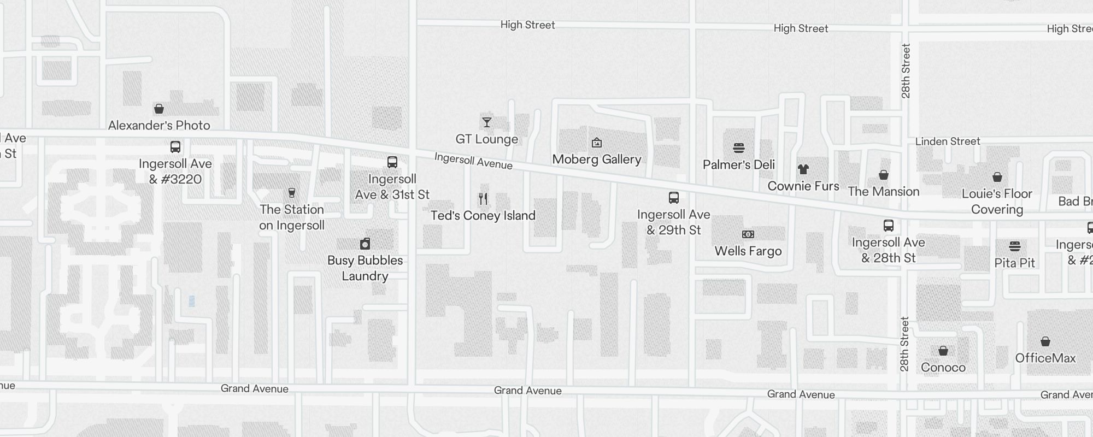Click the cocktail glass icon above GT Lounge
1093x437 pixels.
486,122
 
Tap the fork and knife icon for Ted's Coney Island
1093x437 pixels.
483,199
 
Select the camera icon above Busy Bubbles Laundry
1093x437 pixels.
365,244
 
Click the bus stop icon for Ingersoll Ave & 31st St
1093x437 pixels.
392,162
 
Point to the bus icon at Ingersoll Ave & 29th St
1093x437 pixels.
674,198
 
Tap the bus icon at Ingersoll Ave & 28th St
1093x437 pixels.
889,226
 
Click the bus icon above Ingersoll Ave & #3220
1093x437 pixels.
175,147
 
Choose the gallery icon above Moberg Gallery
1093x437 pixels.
597,143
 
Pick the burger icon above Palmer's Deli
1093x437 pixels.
739,148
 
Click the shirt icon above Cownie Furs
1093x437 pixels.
803,169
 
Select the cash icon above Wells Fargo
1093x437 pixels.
748,234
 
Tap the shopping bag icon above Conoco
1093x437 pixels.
943,351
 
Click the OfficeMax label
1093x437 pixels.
1045,358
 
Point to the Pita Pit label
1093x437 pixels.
1014,263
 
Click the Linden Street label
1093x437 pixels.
948,141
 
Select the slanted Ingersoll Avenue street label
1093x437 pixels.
473,161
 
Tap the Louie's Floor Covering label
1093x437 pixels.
997,202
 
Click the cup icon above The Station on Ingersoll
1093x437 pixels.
292,193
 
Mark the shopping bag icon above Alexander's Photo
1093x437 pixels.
159,109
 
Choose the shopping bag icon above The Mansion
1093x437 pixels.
884,175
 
